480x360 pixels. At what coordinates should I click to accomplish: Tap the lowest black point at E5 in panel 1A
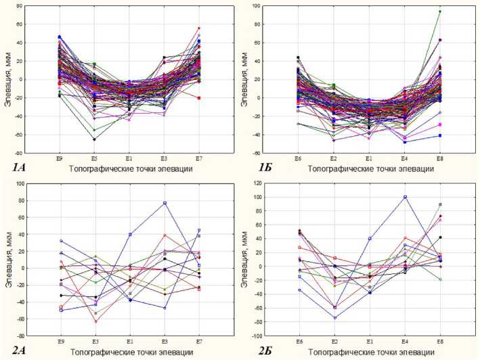(94, 139)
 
